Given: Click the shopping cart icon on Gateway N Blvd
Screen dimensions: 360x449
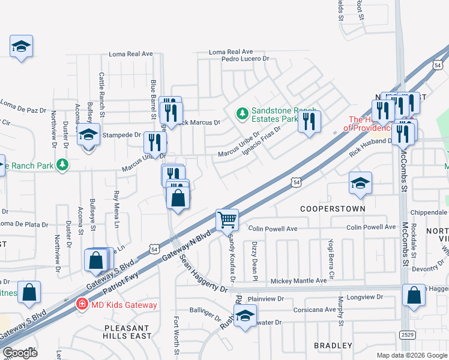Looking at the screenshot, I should [x=228, y=220].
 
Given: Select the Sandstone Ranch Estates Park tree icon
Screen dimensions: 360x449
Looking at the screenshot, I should [x=241, y=112].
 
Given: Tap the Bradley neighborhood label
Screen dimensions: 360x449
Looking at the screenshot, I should [x=333, y=346].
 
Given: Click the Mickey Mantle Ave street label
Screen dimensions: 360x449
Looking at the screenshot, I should [x=298, y=280].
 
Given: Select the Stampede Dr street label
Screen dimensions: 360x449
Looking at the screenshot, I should [x=121, y=135].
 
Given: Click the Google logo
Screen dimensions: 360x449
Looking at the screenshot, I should [x=20, y=353].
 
